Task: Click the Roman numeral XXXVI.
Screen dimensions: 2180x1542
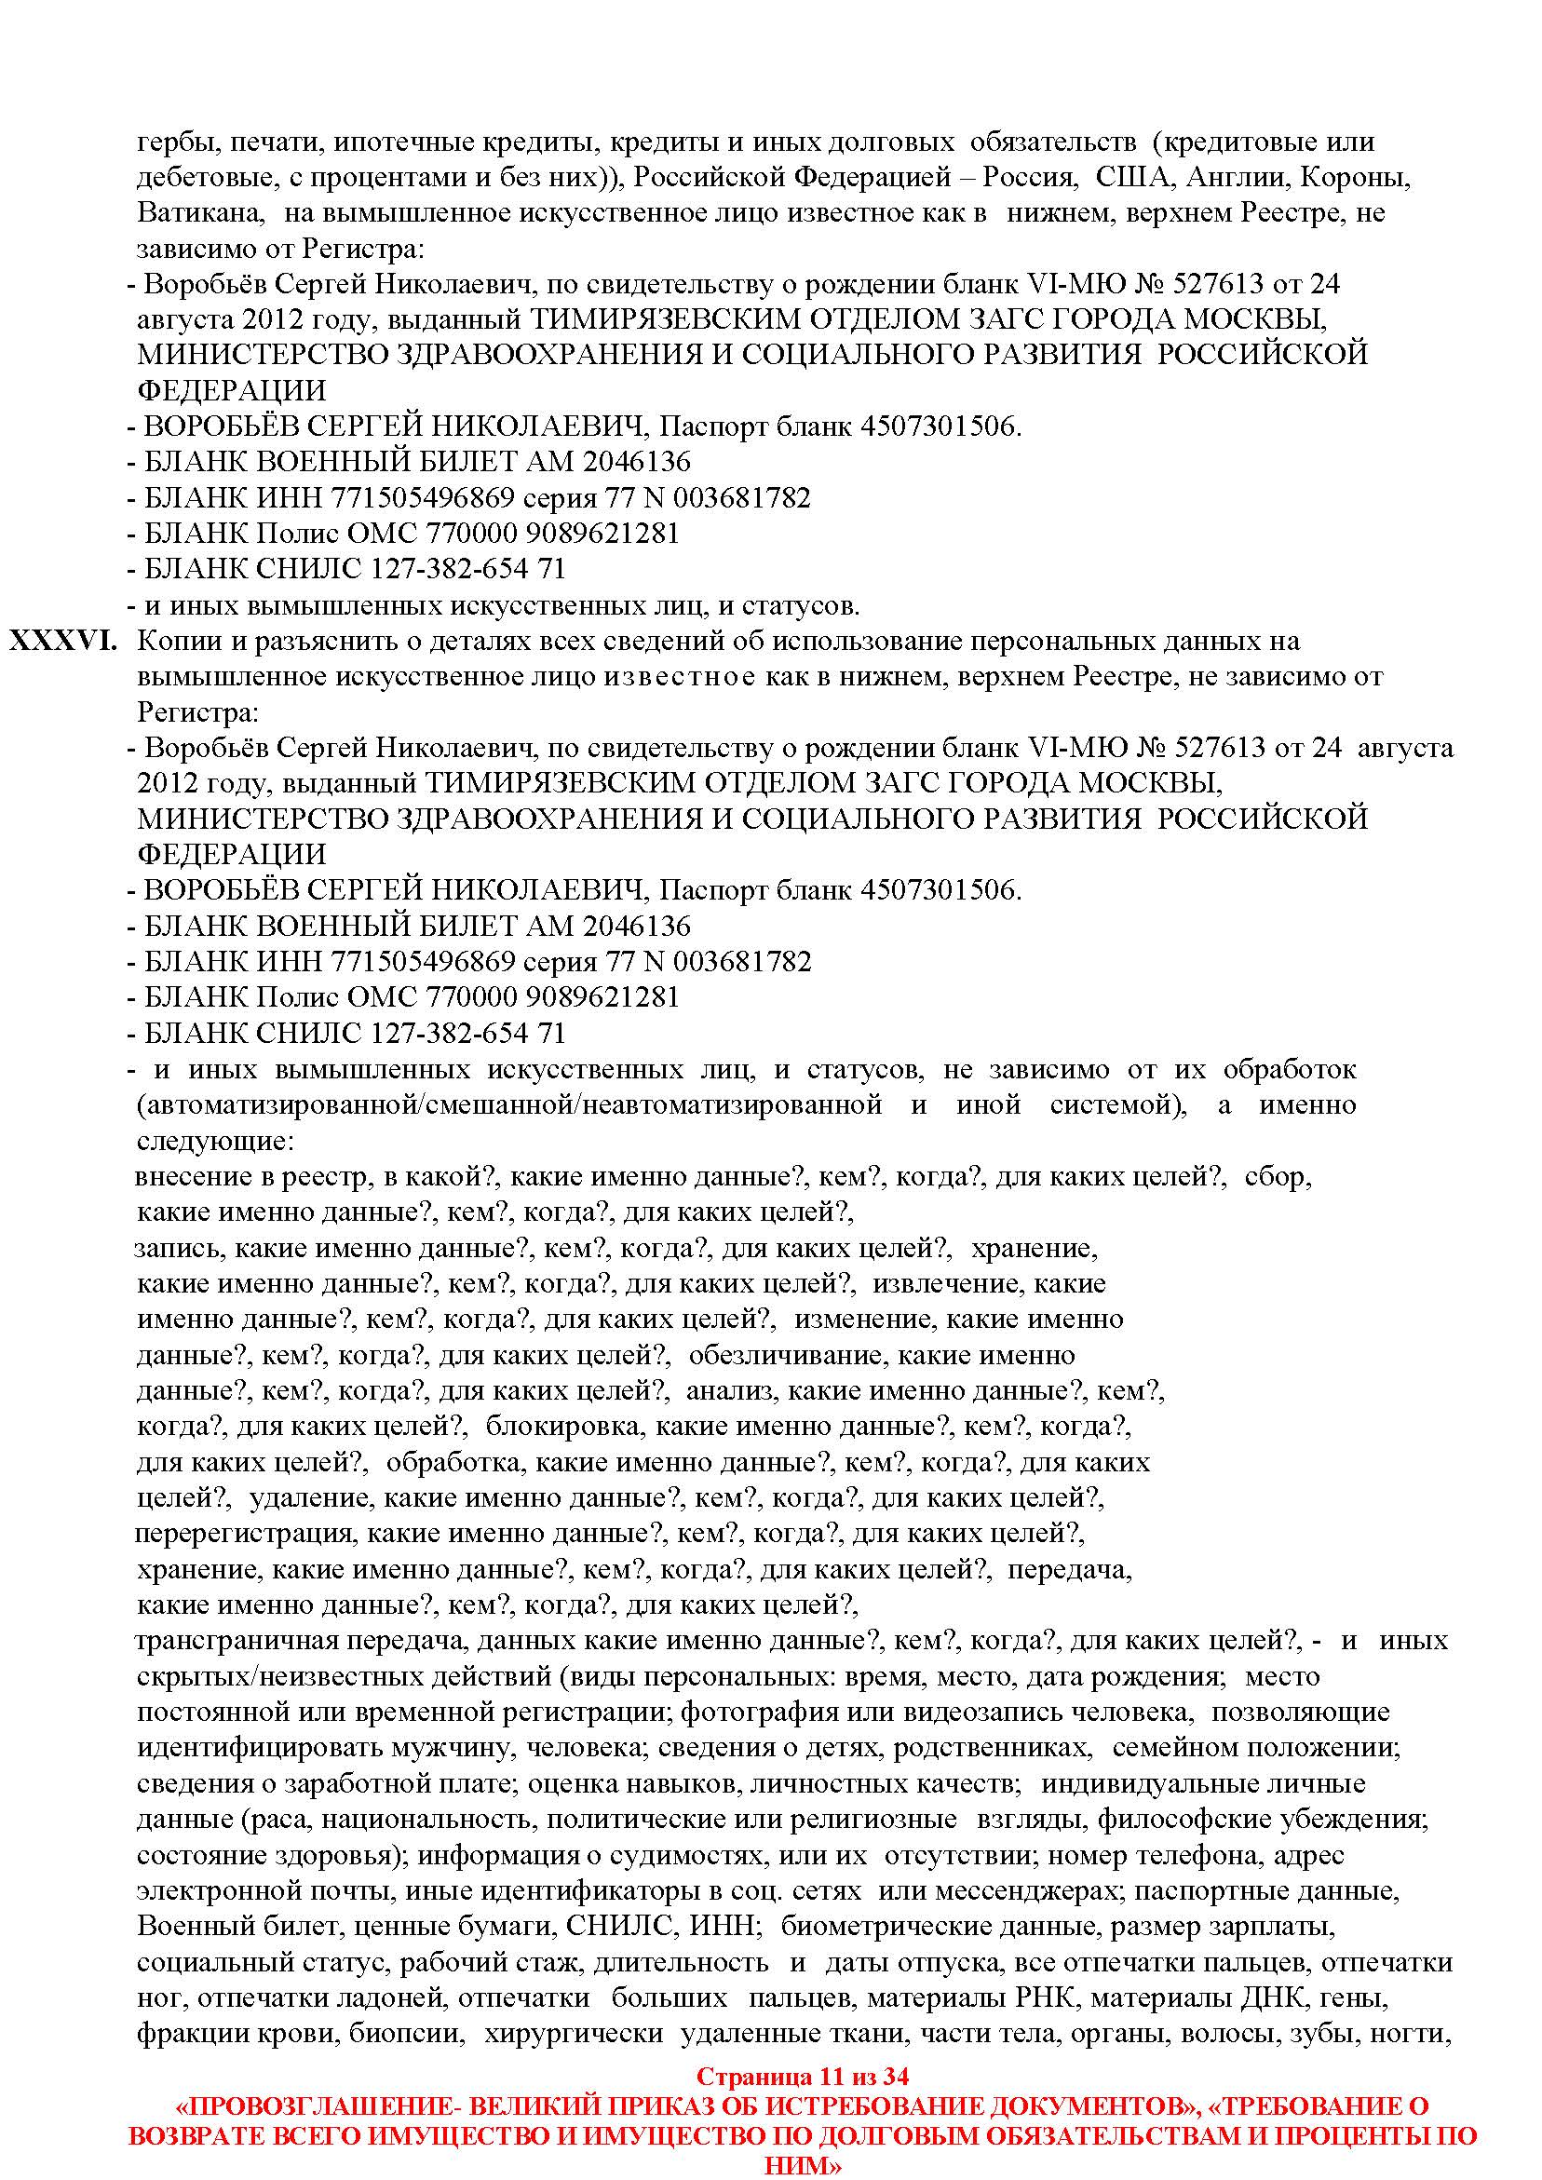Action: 63,641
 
